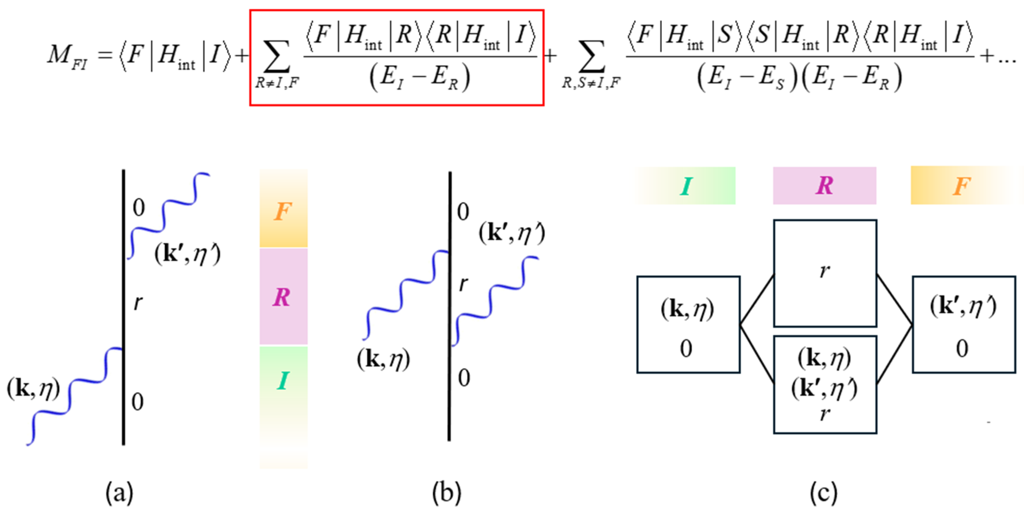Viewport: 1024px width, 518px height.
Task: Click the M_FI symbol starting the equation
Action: [67, 56]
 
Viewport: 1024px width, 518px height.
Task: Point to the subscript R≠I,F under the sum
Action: [277, 83]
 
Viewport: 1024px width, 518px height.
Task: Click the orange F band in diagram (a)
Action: [283, 211]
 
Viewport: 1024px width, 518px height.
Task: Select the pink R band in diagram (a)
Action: [283, 296]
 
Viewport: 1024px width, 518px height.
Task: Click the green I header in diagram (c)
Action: [686, 186]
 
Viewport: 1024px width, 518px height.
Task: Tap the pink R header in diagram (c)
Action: [824, 186]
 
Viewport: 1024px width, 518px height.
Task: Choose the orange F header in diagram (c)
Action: [962, 186]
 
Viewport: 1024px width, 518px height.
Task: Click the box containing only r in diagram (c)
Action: [825, 273]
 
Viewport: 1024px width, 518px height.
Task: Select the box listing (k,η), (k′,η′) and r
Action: [825, 385]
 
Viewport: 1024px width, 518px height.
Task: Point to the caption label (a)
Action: [119, 493]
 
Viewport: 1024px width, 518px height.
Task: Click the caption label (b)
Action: [446, 493]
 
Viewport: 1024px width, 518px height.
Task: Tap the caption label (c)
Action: [824, 493]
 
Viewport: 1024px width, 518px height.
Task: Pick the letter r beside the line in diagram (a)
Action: [138, 303]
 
